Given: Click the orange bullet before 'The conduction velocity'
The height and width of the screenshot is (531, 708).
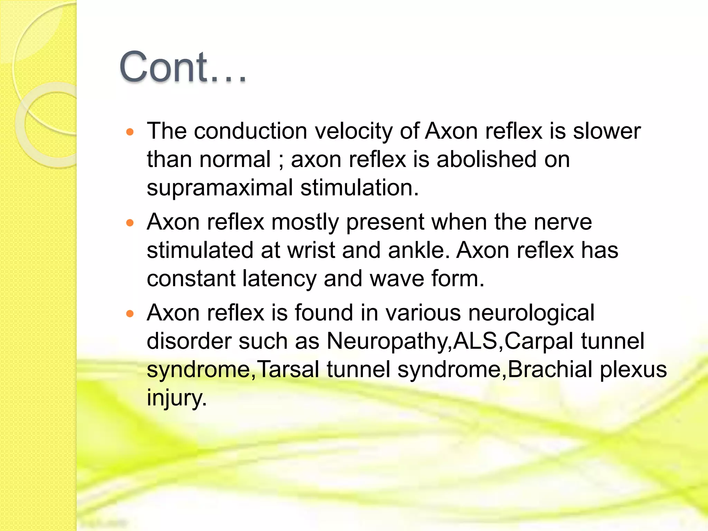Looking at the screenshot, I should click(x=130, y=132).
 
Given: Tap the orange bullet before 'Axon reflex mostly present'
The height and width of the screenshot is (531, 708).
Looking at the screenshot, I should click(x=130, y=223).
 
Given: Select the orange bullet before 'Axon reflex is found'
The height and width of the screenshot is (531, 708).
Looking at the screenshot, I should click(x=130, y=314).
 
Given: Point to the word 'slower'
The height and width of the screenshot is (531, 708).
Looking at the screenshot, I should click(x=607, y=131).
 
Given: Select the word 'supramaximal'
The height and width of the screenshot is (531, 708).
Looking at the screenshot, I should click(x=220, y=188).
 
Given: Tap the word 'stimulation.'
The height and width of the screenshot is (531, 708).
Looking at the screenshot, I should click(x=360, y=188).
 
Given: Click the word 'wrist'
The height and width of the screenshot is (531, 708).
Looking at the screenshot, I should click(x=311, y=250).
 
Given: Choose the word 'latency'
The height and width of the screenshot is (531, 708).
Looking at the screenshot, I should click(x=279, y=279).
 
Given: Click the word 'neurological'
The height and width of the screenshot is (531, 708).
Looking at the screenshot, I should click(x=531, y=313).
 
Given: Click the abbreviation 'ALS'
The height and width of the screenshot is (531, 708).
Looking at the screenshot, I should click(x=475, y=341).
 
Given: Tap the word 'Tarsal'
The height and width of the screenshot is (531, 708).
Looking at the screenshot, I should click(x=288, y=370).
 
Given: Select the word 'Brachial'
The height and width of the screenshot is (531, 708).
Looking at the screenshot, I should click(x=550, y=370).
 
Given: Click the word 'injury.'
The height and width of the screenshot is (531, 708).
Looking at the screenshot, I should click(x=177, y=398).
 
